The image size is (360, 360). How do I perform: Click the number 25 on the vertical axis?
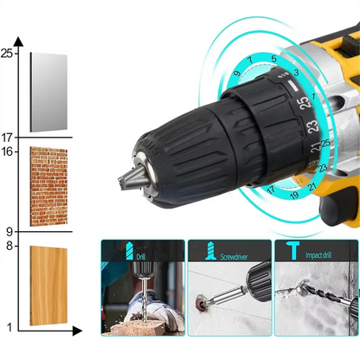pos(8,53)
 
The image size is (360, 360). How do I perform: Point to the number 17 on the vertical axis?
pos(8,137)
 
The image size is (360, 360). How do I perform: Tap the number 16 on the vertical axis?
pos(8,151)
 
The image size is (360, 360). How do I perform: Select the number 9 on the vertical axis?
pos(9,231)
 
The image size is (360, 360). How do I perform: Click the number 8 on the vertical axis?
pos(9,246)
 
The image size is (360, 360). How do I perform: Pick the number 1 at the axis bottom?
pos(9,327)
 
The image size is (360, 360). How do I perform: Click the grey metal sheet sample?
pos(48,92)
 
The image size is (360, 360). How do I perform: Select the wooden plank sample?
pos(48,286)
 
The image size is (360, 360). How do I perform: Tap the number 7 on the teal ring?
pos(249,60)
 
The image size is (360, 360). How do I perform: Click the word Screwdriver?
pos(233,257)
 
